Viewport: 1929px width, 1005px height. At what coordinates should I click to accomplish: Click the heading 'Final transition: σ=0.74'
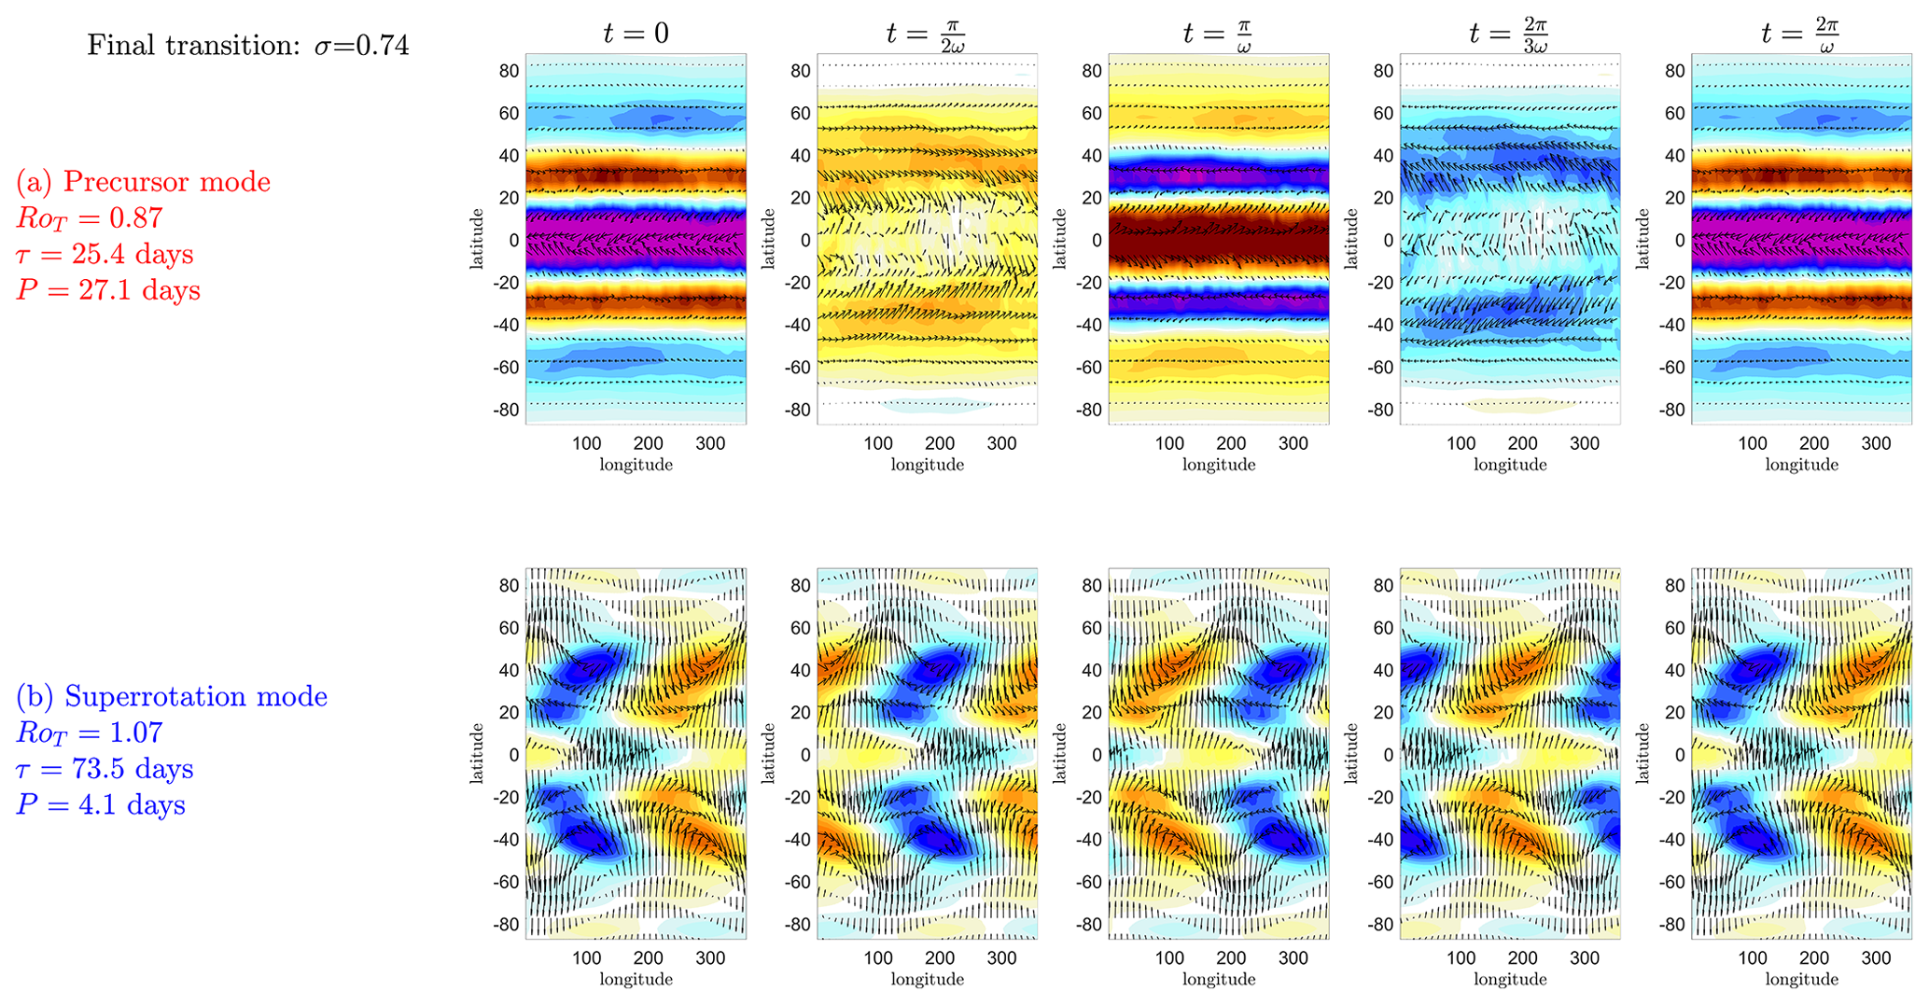tap(248, 45)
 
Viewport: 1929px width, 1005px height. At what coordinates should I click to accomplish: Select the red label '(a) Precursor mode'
tap(144, 181)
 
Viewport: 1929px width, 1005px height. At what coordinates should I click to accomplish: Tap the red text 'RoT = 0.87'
tap(90, 218)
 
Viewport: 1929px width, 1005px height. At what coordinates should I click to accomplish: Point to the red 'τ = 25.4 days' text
tap(105, 254)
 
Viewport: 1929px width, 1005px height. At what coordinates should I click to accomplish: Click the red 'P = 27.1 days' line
tap(108, 290)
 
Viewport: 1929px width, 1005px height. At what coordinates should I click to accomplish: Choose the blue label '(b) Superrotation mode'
tap(172, 696)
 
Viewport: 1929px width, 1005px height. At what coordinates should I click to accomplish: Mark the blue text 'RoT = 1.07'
tap(90, 733)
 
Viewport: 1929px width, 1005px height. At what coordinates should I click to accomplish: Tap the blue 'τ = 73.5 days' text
tap(105, 769)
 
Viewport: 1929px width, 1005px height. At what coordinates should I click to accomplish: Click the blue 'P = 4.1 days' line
tap(101, 805)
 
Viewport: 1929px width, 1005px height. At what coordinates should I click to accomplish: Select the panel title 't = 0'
tap(636, 34)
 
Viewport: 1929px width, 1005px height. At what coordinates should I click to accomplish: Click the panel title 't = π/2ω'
tap(928, 34)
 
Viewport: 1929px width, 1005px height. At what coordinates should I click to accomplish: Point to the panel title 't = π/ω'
tap(1219, 34)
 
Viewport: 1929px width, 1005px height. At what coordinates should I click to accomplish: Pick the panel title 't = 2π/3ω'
tap(1510, 34)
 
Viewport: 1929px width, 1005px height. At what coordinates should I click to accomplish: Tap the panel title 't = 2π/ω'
tap(1801, 34)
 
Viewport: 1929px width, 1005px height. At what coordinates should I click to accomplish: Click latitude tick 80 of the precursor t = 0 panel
tap(510, 71)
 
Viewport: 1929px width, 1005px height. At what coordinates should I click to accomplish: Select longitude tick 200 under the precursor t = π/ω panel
tap(1231, 443)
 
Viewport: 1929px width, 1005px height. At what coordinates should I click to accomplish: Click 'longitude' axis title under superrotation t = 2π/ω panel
tap(1801, 979)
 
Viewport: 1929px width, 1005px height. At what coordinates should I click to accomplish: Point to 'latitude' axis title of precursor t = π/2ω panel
tap(769, 240)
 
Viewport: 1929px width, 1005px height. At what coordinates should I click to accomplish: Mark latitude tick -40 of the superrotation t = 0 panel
tap(505, 839)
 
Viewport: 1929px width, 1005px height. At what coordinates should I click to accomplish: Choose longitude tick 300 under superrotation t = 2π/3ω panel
tap(1585, 958)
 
